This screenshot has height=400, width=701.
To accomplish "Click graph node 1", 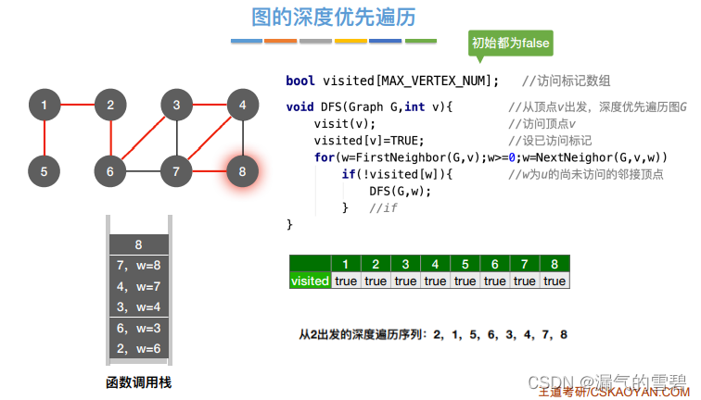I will coord(44,106).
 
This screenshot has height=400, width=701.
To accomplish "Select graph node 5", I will coord(44,170).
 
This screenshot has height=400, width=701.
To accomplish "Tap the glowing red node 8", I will coord(242,170).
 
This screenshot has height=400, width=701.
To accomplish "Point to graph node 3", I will coord(176,106).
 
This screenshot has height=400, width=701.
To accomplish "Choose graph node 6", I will coord(109,170).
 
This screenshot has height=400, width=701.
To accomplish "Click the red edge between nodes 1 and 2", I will coord(77,106).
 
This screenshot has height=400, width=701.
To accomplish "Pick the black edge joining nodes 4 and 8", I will coord(242,138).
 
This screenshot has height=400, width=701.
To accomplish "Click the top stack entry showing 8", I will coord(138,245).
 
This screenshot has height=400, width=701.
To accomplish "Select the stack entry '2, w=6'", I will coord(138,348).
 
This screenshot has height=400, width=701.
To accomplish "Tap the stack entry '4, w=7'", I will coord(138,286).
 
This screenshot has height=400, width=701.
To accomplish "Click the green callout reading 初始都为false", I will coord(510,44).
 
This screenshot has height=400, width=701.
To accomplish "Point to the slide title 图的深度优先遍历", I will coord(333,17).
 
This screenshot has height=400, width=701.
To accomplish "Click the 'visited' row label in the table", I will coord(310,281).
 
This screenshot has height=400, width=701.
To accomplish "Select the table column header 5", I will coord(465,264).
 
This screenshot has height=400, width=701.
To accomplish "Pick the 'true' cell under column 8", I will coord(554,281).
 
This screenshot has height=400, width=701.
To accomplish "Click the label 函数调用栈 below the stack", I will coord(138,382).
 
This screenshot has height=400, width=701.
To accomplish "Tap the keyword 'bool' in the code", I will coord(300,81).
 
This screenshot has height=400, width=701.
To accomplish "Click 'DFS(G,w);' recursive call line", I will coord(401,191).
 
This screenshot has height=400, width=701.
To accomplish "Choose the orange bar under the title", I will coord(280,41).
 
